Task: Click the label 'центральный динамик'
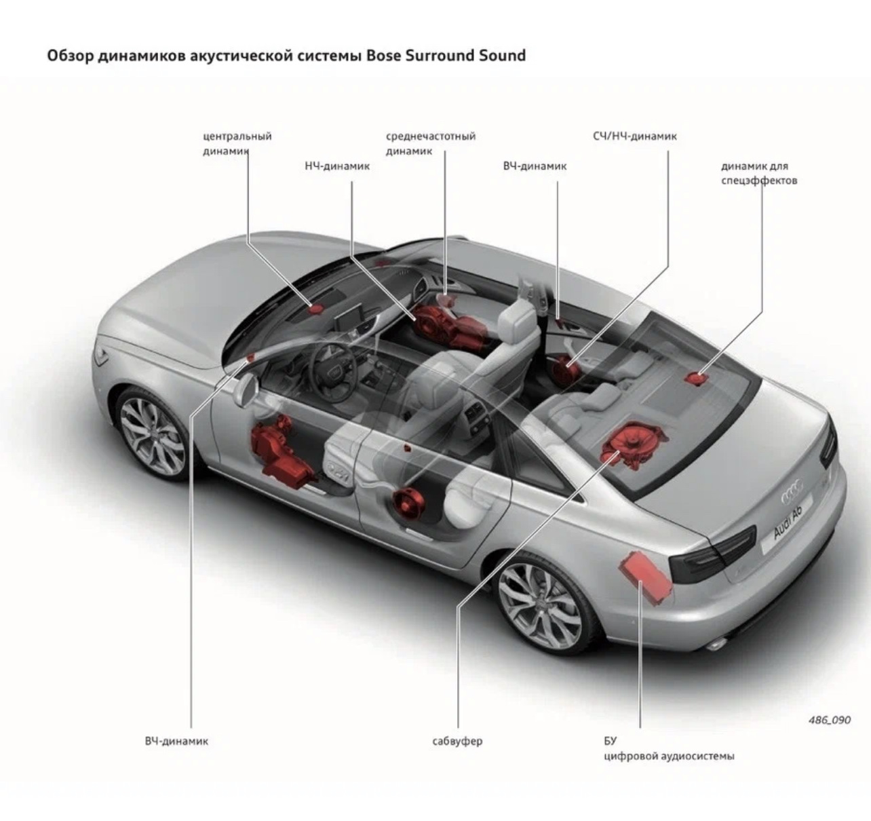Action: (x=237, y=143)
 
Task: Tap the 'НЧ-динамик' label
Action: (x=337, y=166)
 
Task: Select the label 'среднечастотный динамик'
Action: (x=430, y=143)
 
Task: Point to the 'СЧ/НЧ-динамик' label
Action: (x=634, y=136)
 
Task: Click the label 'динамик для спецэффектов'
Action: (x=758, y=173)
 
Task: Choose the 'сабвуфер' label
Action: (x=457, y=741)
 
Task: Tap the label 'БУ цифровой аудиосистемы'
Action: (x=668, y=748)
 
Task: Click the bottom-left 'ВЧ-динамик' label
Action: (x=176, y=741)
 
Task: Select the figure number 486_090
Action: (x=829, y=720)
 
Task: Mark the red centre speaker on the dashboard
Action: (x=316, y=308)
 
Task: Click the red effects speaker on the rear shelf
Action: (x=695, y=377)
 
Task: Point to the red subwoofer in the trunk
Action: (x=632, y=446)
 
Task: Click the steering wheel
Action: (x=332, y=367)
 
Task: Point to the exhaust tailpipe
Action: (x=716, y=642)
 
